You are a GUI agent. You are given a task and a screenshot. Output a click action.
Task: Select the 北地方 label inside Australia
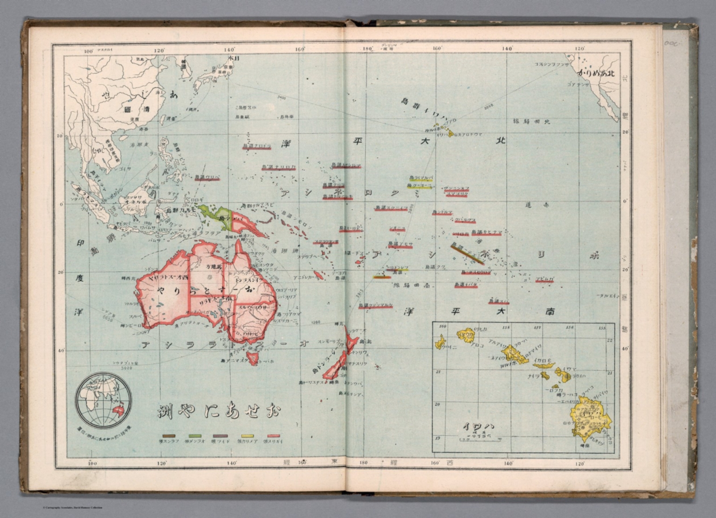pyautogui.click(x=214, y=267)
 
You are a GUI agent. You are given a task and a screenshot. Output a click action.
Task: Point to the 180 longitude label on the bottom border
pyautogui.click(x=364, y=463)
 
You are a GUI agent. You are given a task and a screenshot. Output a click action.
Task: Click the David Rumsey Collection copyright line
pyautogui.click(x=72, y=508)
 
